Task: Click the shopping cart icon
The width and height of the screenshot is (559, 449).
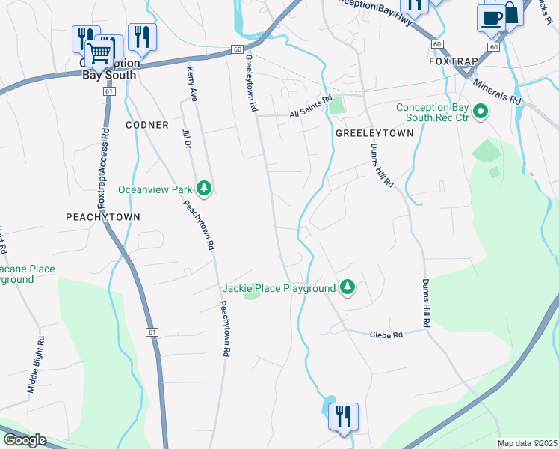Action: click(99, 52)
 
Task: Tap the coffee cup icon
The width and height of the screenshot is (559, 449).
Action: click(491, 17)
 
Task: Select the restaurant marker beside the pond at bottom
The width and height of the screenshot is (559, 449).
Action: click(343, 415)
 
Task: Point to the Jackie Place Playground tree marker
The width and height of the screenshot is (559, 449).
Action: click(347, 287)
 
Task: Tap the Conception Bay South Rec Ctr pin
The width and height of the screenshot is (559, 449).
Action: click(481, 112)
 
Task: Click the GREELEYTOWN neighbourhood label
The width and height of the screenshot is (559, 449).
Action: click(374, 132)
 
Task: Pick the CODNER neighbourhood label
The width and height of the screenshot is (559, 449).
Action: click(148, 124)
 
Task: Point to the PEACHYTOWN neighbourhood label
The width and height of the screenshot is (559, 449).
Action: click(103, 216)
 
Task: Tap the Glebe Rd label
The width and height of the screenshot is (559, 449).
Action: click(386, 335)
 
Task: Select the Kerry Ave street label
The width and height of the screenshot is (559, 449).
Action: click(191, 83)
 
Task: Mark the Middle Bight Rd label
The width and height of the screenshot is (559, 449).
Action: click(36, 364)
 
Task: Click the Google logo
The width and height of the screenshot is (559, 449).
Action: click(24, 440)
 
